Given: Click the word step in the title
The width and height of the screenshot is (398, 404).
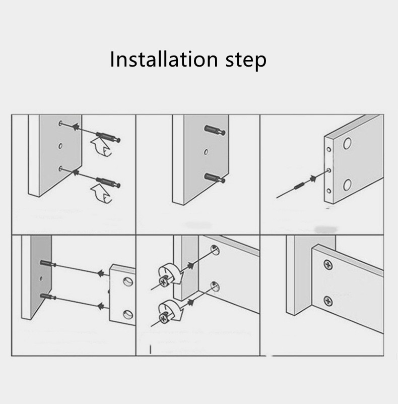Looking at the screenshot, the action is point(246,61).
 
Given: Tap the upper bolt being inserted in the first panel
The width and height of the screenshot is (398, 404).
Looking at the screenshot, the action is point(108,137).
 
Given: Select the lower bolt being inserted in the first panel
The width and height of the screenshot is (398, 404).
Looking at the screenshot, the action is point(108,183).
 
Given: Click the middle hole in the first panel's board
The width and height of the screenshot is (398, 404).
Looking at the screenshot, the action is point(60,146).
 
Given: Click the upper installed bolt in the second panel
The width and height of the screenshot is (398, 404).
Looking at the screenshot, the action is point(215,130).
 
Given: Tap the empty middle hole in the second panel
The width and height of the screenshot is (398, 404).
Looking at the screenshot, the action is point(206,152).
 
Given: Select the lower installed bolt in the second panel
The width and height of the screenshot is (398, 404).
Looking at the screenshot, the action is point(215,178).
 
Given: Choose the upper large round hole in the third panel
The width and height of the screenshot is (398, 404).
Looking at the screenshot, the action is point(347,144).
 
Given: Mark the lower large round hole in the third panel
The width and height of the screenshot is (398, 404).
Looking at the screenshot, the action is point(347,185).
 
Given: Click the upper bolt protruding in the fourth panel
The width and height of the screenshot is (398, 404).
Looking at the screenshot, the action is point(48,264).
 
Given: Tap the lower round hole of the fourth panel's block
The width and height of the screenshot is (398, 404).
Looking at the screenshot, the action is point(127,314).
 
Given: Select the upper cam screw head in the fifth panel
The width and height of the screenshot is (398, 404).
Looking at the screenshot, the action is point(163,281).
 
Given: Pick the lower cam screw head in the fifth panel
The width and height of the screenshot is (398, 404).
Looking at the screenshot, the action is point(163,318).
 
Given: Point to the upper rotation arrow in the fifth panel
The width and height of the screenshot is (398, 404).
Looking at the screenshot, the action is point(171,272).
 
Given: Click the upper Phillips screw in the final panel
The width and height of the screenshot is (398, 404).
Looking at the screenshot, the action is point(327,265).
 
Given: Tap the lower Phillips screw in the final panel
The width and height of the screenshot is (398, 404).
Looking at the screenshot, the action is point(327,301).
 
